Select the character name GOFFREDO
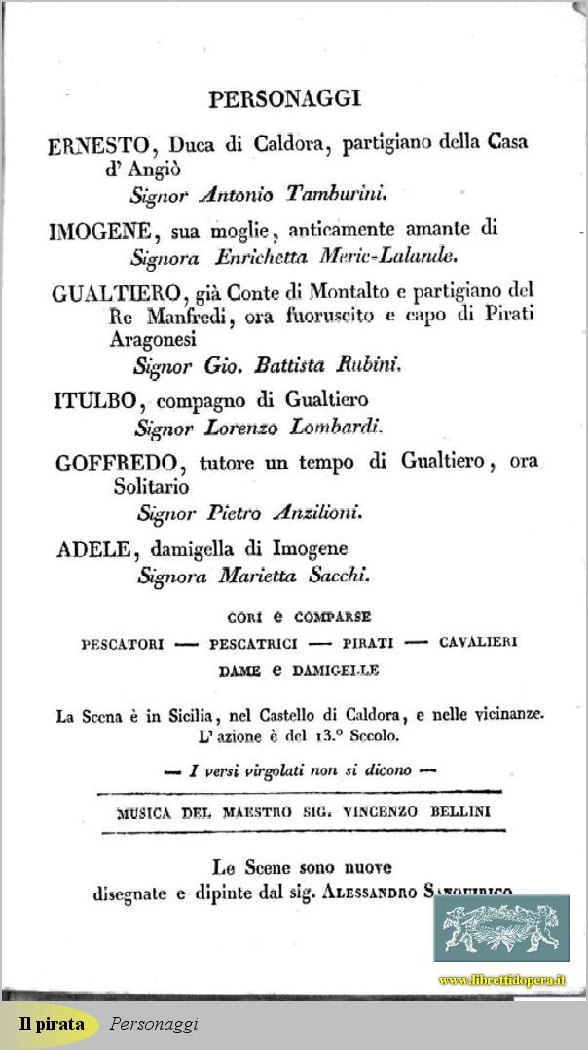click(x=114, y=463)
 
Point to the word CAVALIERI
click(x=477, y=643)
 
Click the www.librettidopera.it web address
click(x=501, y=979)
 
